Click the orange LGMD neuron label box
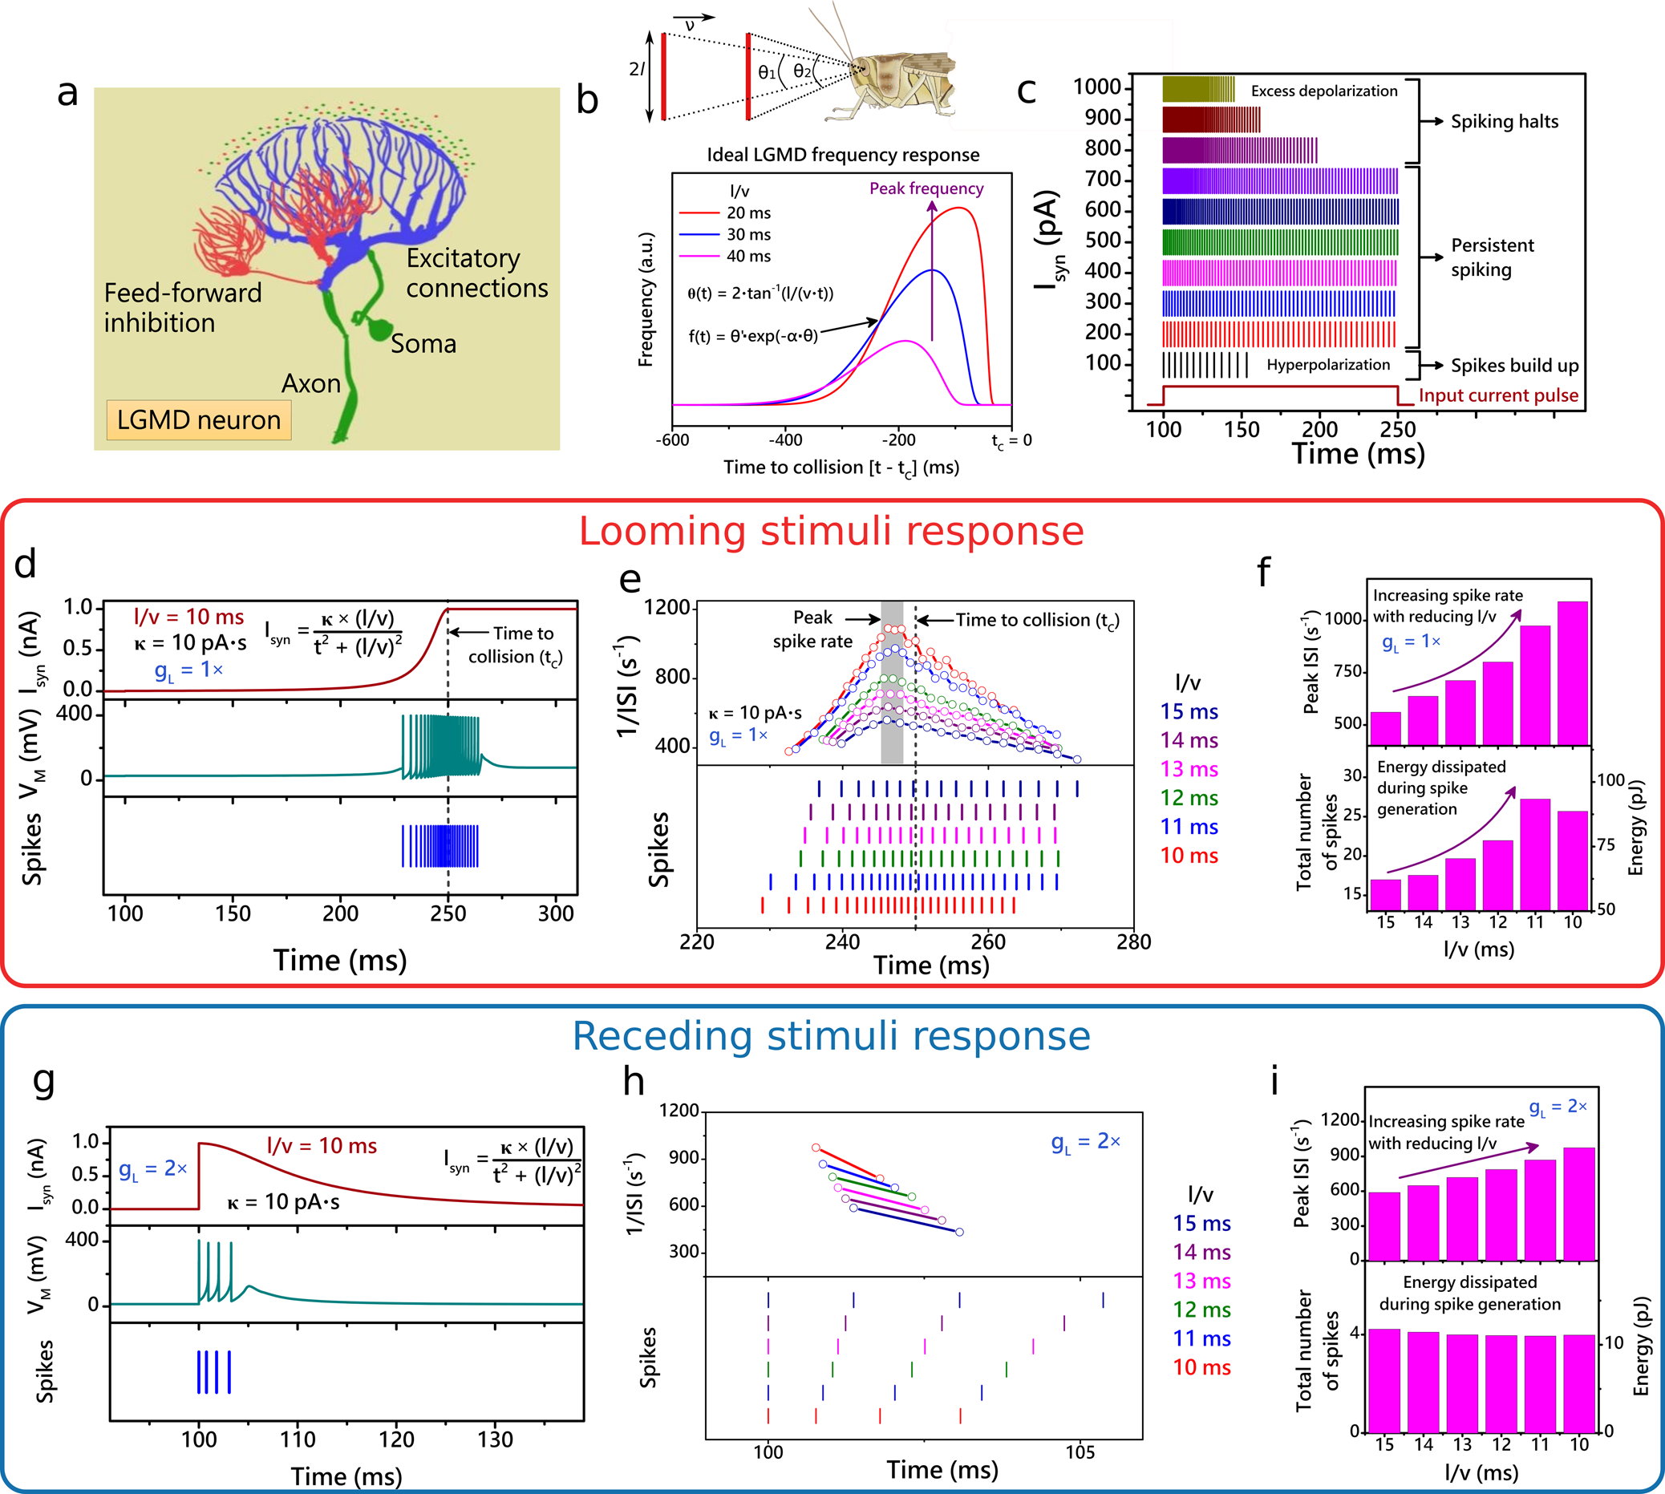(x=198, y=420)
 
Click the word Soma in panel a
(x=423, y=343)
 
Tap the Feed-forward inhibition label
(x=182, y=308)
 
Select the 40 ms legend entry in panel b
(x=748, y=256)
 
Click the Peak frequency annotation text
(x=926, y=188)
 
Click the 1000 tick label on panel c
(x=1097, y=87)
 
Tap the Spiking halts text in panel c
(x=1504, y=121)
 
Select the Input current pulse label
(x=1497, y=395)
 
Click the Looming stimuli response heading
(x=831, y=531)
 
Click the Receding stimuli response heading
(x=831, y=1036)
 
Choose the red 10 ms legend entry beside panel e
(x=1188, y=856)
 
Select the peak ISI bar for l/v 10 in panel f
(x=1572, y=673)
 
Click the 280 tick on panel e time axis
(x=1133, y=942)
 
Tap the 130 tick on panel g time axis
(x=495, y=1439)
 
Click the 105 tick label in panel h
(x=1080, y=1452)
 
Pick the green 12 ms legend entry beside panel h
(x=1201, y=1310)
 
